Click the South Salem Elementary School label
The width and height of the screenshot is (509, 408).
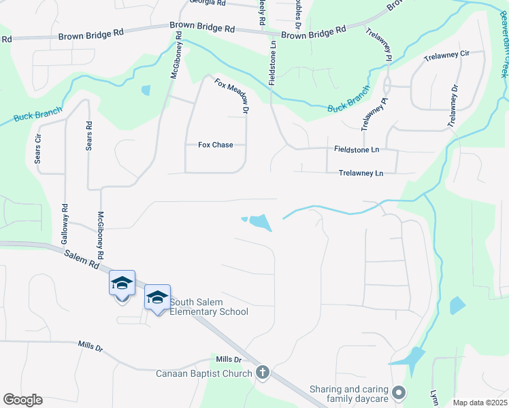coord(209,307)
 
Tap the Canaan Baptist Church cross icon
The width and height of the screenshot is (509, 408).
coord(263,373)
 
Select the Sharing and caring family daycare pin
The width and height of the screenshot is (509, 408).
coord(399,393)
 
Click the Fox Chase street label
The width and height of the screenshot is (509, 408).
coord(215,145)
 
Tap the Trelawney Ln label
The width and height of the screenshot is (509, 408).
coord(361,173)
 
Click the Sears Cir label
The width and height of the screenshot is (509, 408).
coord(39,148)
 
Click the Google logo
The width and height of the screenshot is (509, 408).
coord(22,400)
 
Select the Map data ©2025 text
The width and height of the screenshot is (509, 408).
coord(480,403)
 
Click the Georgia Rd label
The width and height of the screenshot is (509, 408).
coord(208,3)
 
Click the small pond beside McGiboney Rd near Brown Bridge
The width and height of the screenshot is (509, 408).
coord(146,90)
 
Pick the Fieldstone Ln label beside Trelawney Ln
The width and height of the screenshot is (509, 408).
coord(356,149)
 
